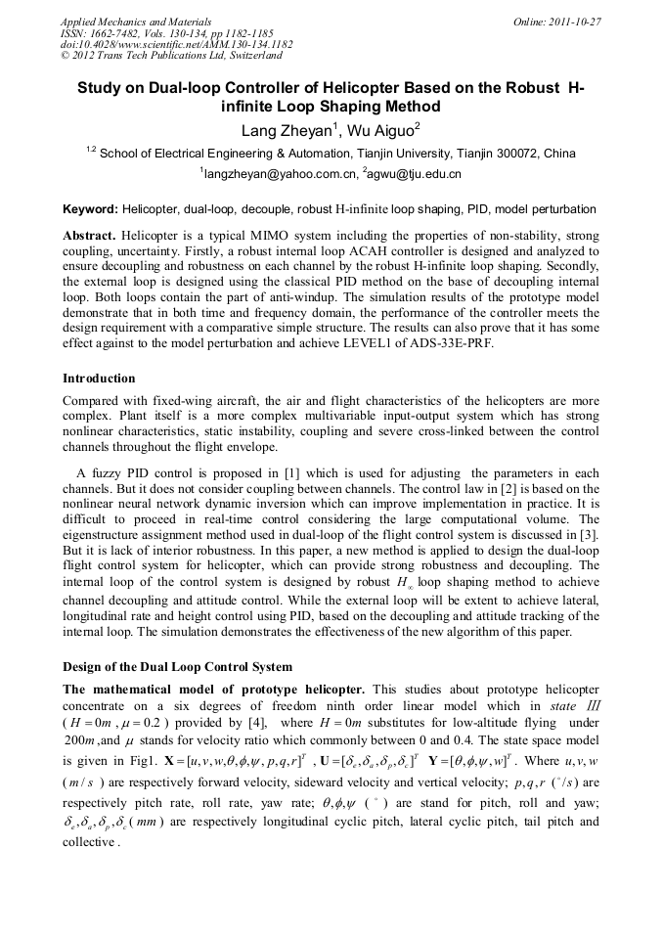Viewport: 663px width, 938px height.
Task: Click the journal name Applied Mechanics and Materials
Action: click(x=136, y=21)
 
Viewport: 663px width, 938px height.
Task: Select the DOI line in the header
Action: click(x=176, y=45)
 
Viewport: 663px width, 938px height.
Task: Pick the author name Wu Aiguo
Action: click(x=380, y=129)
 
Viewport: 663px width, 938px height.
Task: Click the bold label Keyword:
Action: click(x=90, y=209)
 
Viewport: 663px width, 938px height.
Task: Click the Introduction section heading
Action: click(x=99, y=378)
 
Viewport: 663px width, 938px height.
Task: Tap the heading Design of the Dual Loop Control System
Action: click(x=177, y=667)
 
